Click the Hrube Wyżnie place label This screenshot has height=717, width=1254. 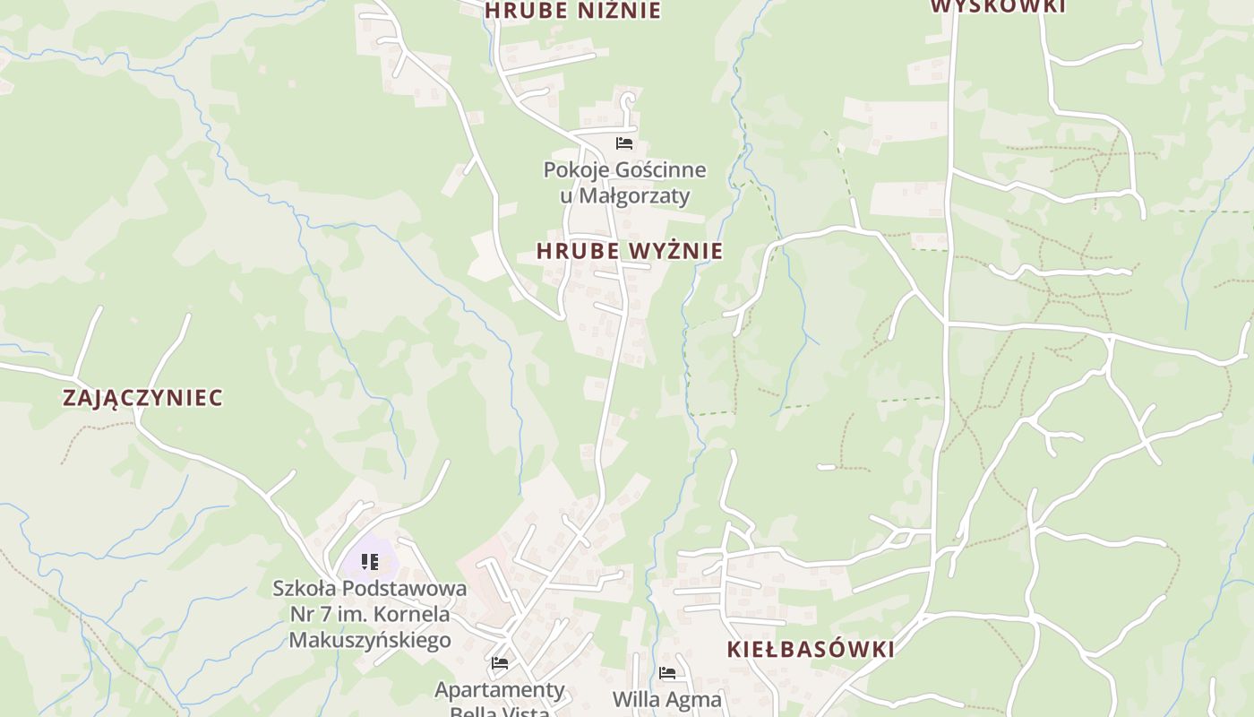(x=629, y=252)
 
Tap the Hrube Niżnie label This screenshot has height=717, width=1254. (x=572, y=11)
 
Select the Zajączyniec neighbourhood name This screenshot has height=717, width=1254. (x=142, y=398)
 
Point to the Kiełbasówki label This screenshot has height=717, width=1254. (x=811, y=650)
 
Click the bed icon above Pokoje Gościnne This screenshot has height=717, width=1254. (x=624, y=143)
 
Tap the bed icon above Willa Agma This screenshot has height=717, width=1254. (x=667, y=673)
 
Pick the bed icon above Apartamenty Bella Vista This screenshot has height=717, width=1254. (x=500, y=663)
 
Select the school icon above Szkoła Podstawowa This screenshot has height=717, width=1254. (x=370, y=562)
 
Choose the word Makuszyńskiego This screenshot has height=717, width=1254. (x=370, y=640)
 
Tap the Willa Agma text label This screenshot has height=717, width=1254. (x=667, y=699)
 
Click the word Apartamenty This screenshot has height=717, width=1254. (x=500, y=690)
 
